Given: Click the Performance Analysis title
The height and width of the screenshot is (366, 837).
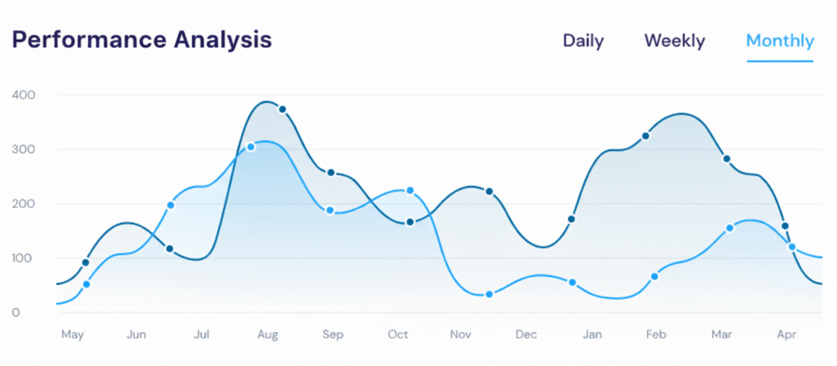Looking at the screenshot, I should (141, 40).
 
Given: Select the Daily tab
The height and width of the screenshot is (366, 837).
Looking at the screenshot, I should (583, 41).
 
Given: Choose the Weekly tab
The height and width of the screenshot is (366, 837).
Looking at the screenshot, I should (674, 41).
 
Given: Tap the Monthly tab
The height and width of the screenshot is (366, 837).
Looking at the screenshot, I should (780, 41).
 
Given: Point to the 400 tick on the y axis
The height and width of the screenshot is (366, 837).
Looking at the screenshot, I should (23, 95).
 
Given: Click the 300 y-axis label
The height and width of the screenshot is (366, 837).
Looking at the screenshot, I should (23, 150).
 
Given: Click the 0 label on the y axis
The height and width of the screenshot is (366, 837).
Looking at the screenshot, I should (16, 313).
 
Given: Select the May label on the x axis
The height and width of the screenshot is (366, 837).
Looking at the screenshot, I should (73, 335).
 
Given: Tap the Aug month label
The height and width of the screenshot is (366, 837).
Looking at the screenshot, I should (267, 335).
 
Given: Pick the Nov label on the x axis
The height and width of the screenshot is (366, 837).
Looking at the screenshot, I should (462, 335).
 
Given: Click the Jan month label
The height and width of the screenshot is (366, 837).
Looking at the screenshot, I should (593, 335).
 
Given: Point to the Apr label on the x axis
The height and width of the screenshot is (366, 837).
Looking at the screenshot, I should (786, 335).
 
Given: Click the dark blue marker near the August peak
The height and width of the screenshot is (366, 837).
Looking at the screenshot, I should (283, 109).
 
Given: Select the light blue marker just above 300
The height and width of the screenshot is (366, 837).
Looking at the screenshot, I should (251, 147).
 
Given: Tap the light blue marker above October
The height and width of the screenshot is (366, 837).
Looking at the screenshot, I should (410, 190).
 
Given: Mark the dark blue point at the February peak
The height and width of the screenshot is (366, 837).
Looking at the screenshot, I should (645, 136).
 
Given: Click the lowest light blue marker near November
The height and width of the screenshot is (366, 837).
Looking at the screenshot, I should (489, 294).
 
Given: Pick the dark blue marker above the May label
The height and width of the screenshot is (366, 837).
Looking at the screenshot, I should (86, 262).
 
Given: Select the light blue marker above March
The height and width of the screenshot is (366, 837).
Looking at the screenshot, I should (729, 228).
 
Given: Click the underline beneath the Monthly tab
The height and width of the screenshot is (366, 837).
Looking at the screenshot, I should (780, 61).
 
